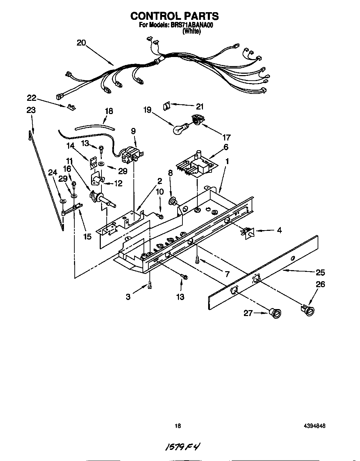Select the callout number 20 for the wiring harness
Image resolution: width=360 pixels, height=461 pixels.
[x=81, y=43]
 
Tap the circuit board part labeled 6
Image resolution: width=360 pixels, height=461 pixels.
[x=195, y=167]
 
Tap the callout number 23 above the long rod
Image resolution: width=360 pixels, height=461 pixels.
[x=31, y=110]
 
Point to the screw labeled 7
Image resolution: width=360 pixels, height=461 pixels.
[x=198, y=259]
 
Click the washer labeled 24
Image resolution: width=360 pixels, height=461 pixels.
[x=63, y=201]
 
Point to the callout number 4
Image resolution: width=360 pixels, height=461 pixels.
[x=279, y=230]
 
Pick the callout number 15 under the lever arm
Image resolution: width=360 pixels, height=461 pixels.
[x=87, y=236]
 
